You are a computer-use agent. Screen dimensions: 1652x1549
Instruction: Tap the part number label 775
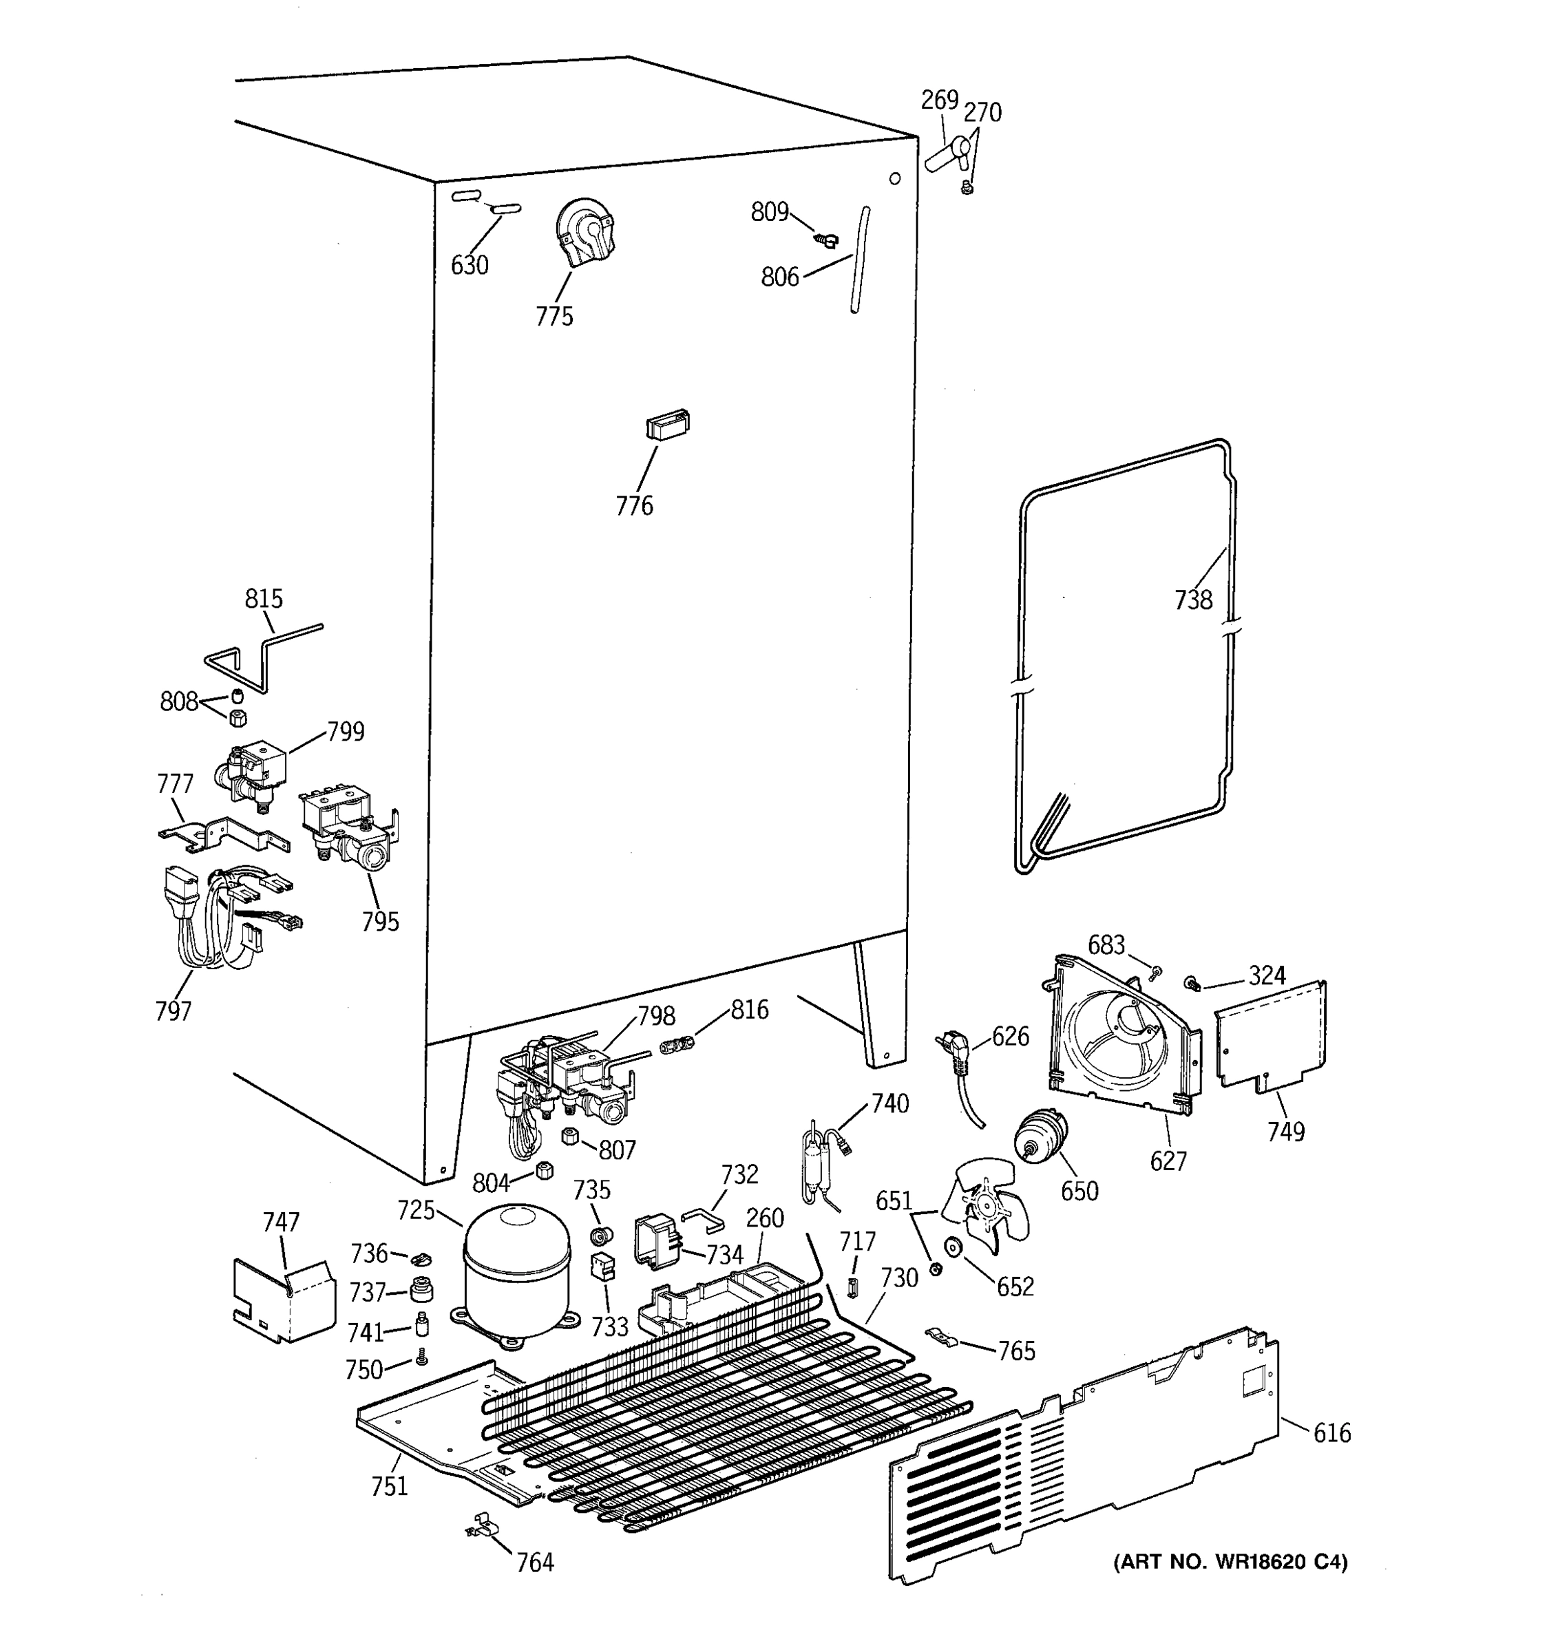[x=554, y=317]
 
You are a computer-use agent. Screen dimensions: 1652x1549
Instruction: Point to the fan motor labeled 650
[x=1040, y=1138]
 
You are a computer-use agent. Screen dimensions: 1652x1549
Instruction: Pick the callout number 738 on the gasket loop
[x=1192, y=599]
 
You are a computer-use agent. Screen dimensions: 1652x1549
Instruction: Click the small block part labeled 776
[x=667, y=424]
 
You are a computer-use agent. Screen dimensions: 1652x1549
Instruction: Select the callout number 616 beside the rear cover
[x=1331, y=1433]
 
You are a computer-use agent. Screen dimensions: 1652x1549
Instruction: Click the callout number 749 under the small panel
[x=1285, y=1132]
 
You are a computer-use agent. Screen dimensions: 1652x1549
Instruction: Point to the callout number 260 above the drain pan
[x=765, y=1218]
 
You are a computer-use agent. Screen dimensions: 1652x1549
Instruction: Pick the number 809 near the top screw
[x=769, y=213]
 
